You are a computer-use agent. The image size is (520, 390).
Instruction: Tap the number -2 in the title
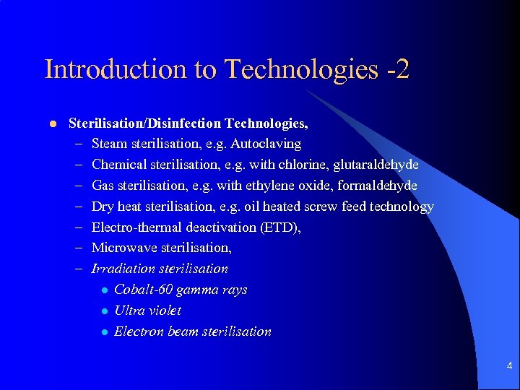396,69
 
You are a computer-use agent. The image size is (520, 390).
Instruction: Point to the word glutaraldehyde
376,165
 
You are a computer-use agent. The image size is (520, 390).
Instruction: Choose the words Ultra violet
147,311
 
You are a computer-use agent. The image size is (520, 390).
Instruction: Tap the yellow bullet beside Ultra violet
104,311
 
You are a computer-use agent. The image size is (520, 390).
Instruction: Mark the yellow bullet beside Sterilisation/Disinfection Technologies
52,123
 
